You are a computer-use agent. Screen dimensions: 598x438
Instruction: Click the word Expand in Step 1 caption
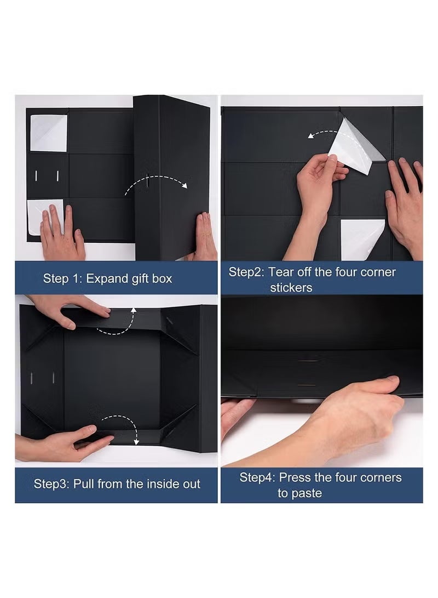click(x=106, y=278)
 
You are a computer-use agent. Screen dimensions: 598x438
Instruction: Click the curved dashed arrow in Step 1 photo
click(x=155, y=181)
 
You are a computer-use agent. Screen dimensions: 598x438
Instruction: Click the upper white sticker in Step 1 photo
click(x=48, y=133)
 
